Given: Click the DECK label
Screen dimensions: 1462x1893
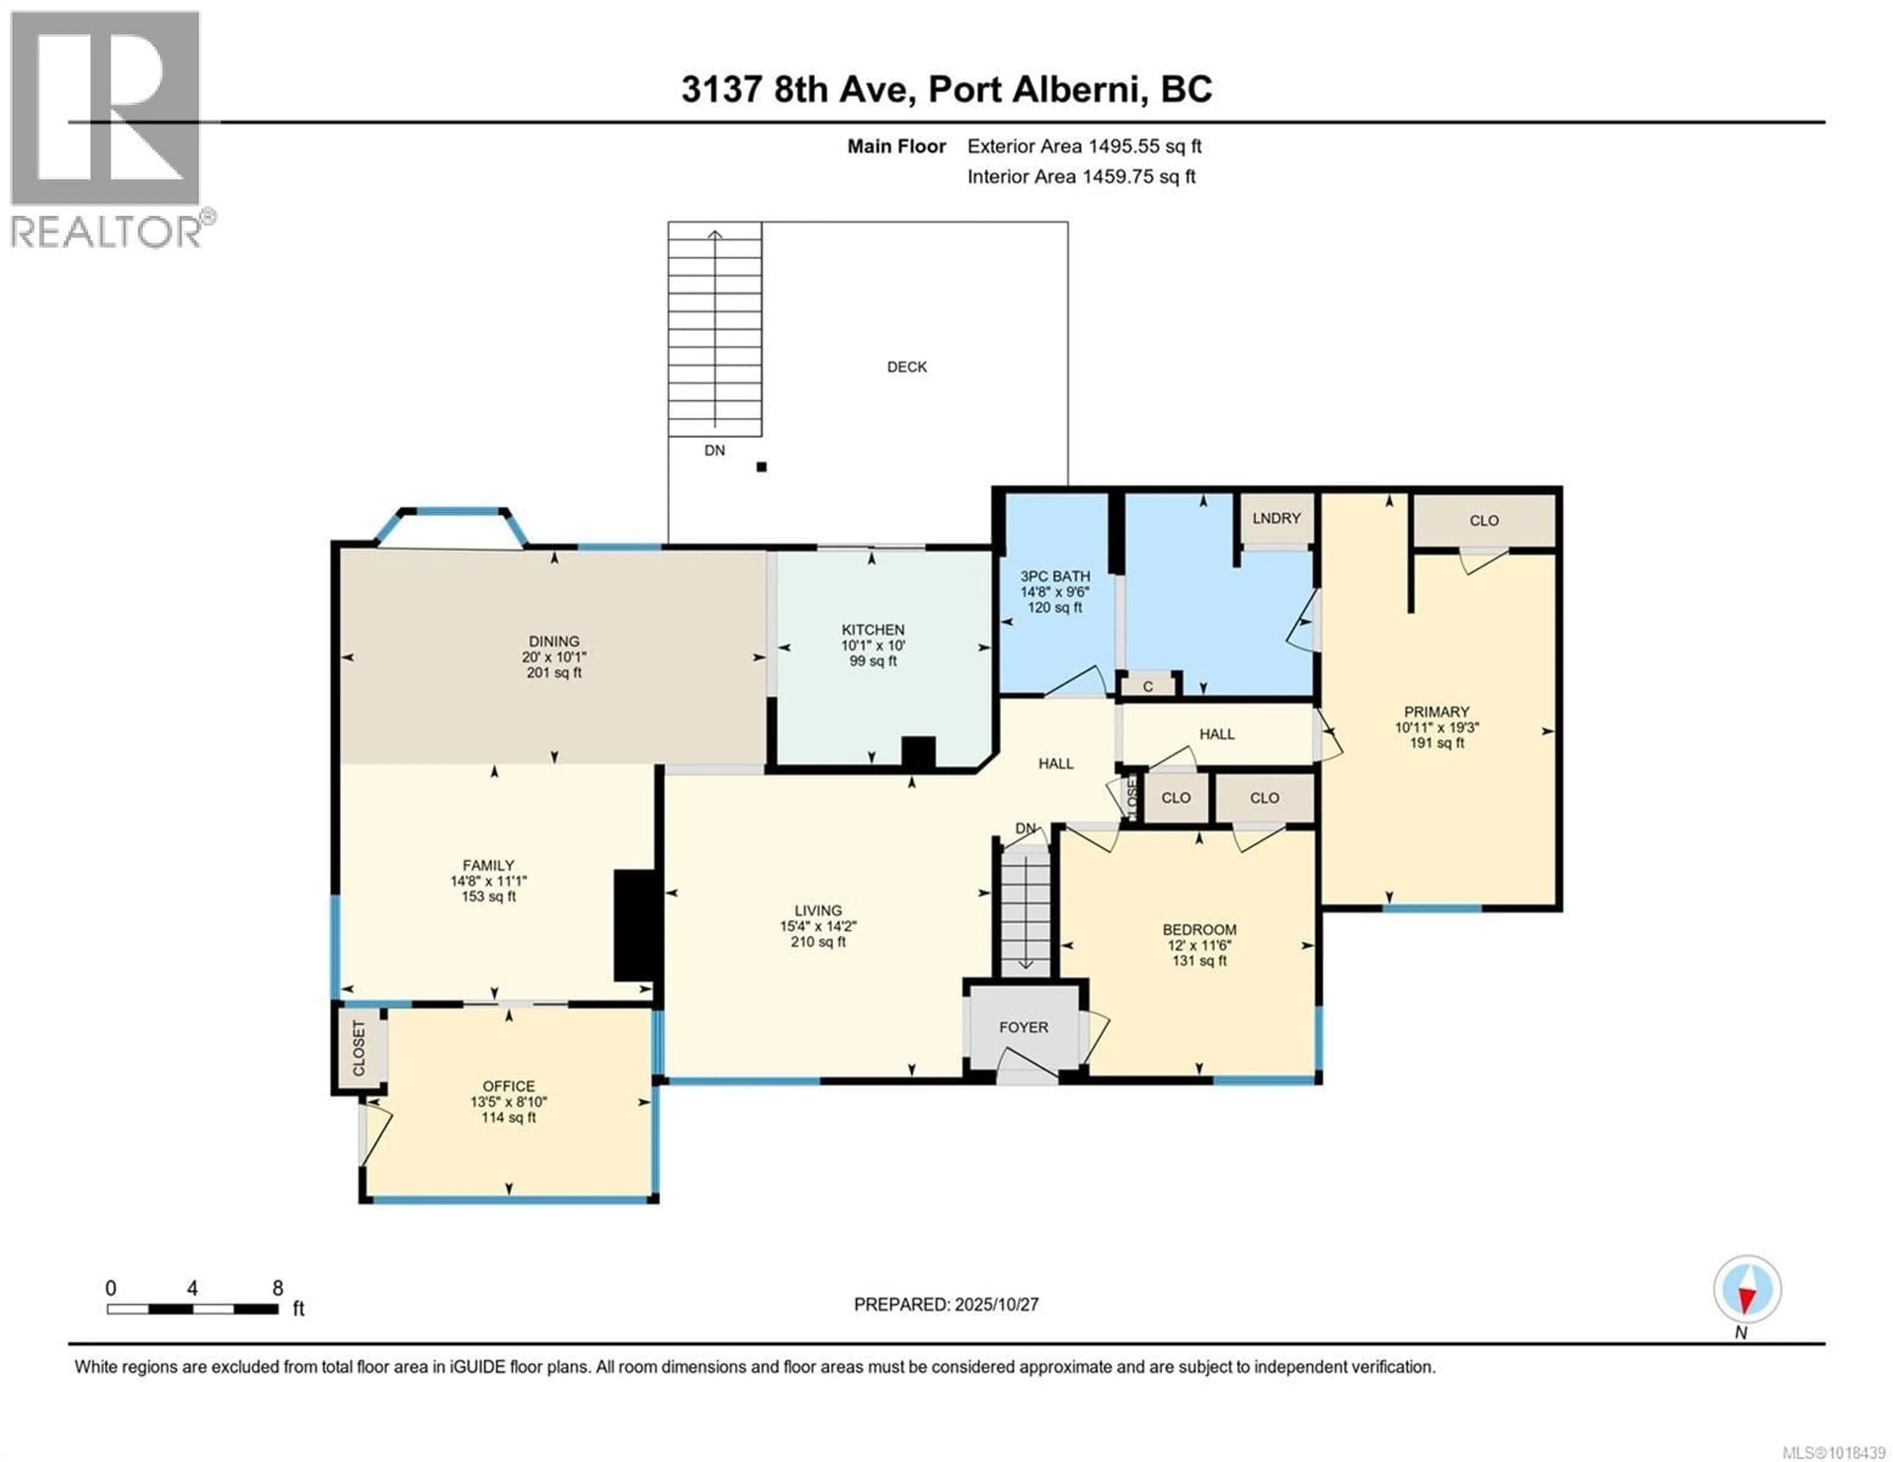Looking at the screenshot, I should (907, 367).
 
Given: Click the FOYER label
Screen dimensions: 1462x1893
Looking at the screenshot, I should (1023, 1027).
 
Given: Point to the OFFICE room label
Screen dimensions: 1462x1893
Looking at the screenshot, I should (509, 1086).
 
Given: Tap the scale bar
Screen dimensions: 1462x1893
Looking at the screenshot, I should (192, 1309).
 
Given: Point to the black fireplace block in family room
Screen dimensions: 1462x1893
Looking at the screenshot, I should (633, 925).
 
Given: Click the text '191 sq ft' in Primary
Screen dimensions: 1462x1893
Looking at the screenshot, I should (1436, 743).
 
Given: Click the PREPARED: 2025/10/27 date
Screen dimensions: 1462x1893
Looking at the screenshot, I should (946, 1304).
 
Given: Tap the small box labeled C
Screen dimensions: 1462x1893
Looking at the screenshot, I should (1148, 686).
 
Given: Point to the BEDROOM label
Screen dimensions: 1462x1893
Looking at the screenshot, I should (1199, 929).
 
